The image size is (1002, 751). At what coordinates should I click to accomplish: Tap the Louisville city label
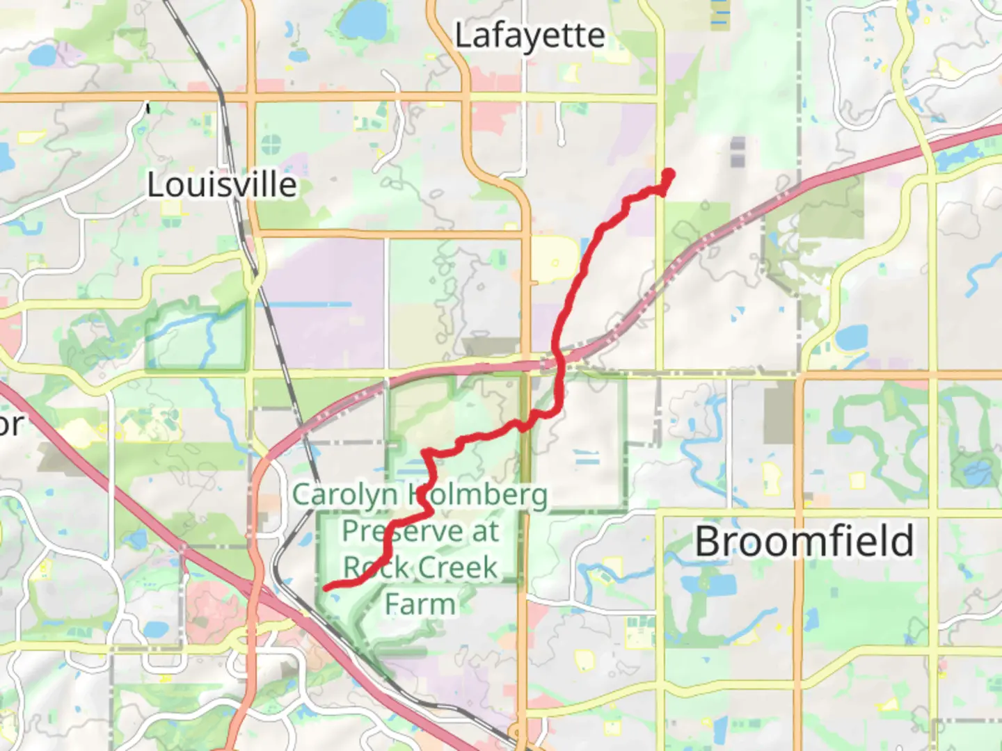click(x=222, y=185)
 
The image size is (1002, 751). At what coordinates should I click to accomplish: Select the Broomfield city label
click(x=804, y=541)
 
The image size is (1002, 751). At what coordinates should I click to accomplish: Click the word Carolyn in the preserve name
click(x=345, y=495)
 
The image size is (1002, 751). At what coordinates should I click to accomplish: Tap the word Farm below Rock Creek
click(x=420, y=604)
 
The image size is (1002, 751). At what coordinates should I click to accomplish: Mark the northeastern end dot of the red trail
click(x=669, y=174)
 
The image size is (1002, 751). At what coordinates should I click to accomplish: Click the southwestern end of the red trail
click(x=326, y=588)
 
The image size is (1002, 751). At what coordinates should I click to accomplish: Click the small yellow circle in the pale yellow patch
click(x=555, y=262)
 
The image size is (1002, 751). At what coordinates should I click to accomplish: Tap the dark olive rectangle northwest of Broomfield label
click(x=779, y=412)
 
